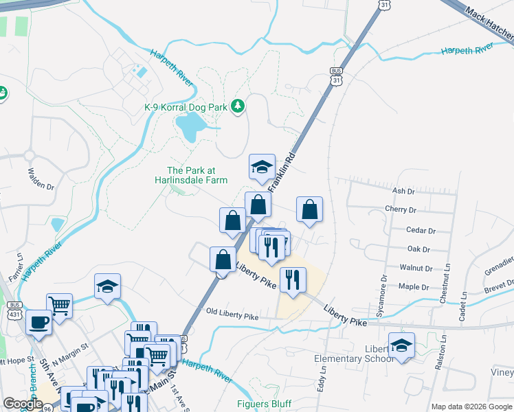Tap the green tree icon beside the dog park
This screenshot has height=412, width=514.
[x=238, y=106]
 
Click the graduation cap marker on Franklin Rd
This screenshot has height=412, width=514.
[x=262, y=168]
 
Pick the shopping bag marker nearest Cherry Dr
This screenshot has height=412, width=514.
[x=310, y=209]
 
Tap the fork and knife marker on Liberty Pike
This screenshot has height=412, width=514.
[x=293, y=279]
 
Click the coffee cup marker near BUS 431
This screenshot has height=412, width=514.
[x=39, y=322]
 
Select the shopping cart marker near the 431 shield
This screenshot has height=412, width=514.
[x=60, y=306]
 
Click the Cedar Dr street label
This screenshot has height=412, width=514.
[x=422, y=231]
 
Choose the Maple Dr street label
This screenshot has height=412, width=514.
[x=414, y=287]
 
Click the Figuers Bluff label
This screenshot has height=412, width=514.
[x=265, y=404]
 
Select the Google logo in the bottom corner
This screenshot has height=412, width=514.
[x=23, y=404]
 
